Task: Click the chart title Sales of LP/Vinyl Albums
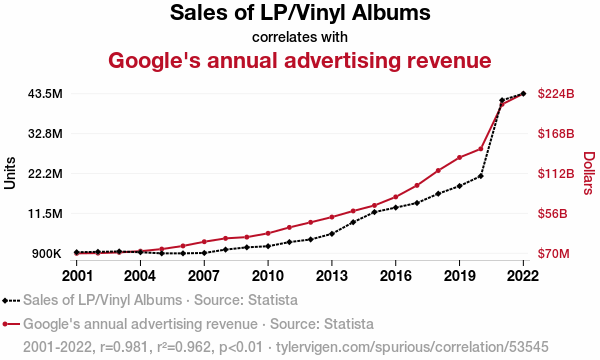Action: [x=300, y=13]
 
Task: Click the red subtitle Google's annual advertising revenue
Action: [x=300, y=60]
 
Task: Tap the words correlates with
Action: [x=300, y=37]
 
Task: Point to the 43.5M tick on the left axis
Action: [x=45, y=94]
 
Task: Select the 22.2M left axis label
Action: [x=45, y=174]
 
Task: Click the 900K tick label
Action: [x=47, y=254]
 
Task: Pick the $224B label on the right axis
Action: [x=556, y=94]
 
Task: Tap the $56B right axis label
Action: [x=553, y=213]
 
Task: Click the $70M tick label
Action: [x=553, y=254]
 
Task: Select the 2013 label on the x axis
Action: [x=332, y=275]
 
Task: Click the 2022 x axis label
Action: [x=523, y=275]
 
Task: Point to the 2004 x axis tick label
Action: [x=140, y=275]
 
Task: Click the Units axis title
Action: [x=10, y=173]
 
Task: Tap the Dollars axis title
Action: [x=590, y=173]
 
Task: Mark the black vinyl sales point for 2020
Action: [x=481, y=176]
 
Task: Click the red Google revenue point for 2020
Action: [x=481, y=149]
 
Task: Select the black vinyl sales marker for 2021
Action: [x=502, y=100]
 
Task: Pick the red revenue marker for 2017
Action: [x=417, y=186]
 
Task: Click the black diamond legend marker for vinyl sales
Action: [x=5, y=301]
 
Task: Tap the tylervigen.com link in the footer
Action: [x=412, y=347]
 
